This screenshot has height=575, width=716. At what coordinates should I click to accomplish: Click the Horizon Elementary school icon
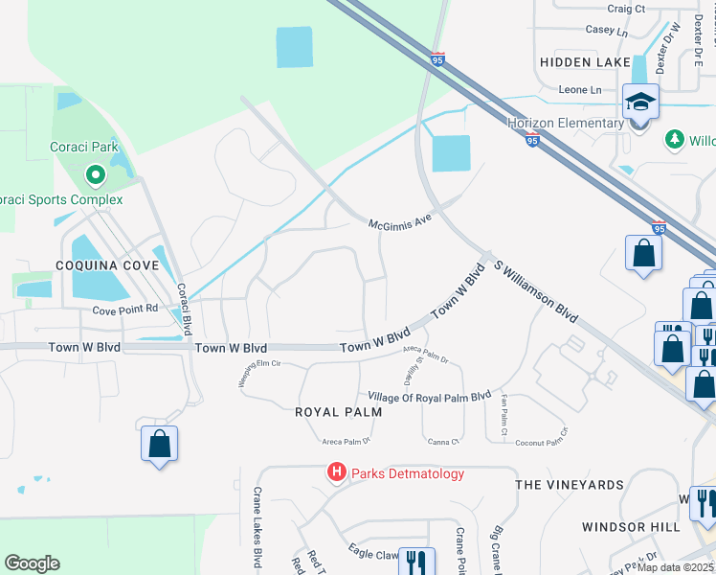point(639,100)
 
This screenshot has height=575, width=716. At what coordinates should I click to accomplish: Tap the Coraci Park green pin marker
point(95,175)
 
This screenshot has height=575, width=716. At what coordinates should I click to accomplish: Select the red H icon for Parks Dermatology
point(336,472)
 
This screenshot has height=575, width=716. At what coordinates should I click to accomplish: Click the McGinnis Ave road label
point(402,222)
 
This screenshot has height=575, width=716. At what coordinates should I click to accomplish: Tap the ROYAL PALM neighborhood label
point(338,412)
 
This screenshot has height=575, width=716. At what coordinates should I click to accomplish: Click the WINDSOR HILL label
point(625,527)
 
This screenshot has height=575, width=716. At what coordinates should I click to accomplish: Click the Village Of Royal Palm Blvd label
point(429,396)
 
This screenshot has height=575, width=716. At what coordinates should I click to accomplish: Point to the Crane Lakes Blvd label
point(257,528)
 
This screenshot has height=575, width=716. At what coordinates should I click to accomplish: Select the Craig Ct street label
point(626,9)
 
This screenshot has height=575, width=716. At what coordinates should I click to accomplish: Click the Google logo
point(32,563)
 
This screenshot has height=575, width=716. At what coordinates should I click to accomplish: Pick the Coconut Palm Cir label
point(541,443)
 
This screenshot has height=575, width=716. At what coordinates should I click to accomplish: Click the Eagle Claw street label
point(373,553)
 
